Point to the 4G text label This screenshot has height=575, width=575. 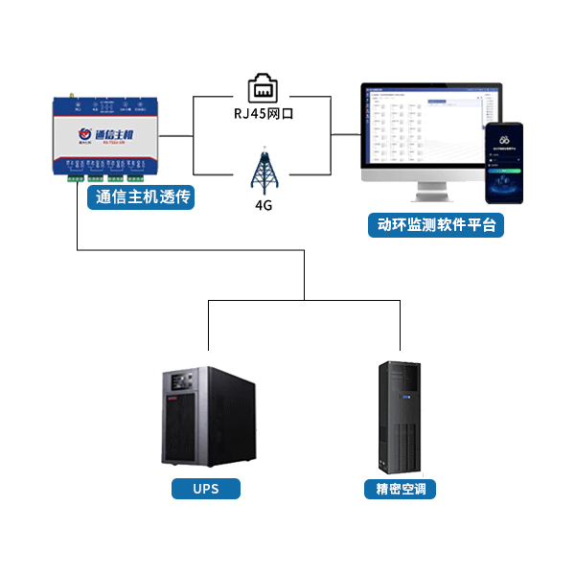[264, 204]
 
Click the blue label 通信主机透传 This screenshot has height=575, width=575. [140, 198]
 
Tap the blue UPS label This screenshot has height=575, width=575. [206, 489]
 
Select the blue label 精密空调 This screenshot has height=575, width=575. [400, 489]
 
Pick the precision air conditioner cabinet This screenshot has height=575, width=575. [401, 417]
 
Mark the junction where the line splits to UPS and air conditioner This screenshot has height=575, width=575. [304, 299]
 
